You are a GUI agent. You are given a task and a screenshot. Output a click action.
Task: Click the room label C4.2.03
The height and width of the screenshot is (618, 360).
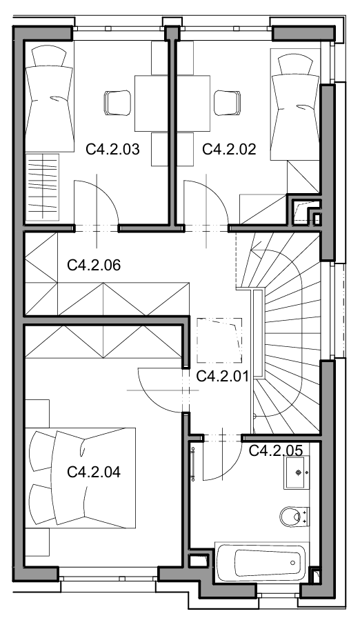click(112, 150)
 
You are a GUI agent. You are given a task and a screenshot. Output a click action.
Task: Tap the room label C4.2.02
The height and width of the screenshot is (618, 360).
click(229, 150)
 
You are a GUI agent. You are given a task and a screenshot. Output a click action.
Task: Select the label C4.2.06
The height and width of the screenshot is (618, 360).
click(94, 266)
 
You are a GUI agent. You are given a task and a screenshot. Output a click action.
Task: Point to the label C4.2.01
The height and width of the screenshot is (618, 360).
click(222, 377)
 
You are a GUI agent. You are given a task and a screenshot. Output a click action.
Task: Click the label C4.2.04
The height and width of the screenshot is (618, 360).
click(94, 472)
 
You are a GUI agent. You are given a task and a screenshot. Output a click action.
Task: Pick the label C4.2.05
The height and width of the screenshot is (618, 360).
click(276, 450)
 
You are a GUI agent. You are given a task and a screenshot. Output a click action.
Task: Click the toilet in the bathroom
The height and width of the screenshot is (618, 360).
click(294, 517)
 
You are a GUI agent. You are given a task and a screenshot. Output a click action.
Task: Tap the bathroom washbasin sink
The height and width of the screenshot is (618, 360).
click(296, 472)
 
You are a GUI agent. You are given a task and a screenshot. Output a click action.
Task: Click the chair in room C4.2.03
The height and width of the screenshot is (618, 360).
click(117, 103)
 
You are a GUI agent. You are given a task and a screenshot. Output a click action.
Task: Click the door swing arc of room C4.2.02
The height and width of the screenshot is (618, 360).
click(215, 192)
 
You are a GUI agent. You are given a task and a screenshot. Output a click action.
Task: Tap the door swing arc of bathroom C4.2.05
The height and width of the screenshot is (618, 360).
click(230, 469)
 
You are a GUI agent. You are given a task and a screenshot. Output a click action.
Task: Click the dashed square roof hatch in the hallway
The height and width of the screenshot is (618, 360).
click(219, 341)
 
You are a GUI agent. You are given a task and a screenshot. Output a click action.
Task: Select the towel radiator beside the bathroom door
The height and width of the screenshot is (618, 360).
click(193, 461)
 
